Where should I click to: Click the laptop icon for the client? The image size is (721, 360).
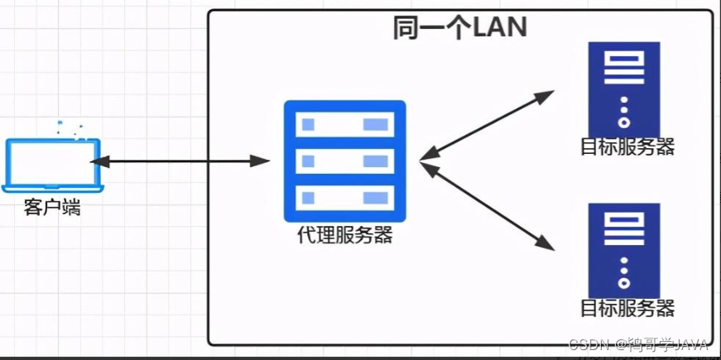[x=54, y=166]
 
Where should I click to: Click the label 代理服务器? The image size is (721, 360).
[x=344, y=236]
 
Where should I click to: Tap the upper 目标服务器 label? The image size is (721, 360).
[x=627, y=147]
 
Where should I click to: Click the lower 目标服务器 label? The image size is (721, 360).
[x=627, y=309]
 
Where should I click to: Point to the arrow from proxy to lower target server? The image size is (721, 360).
[x=487, y=204]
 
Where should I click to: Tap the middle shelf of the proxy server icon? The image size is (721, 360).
[x=344, y=161]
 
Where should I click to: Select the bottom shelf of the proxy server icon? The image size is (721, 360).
[x=344, y=197]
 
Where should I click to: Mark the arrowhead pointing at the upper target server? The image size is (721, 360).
[x=546, y=94]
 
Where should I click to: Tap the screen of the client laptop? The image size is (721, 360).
[x=54, y=161]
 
